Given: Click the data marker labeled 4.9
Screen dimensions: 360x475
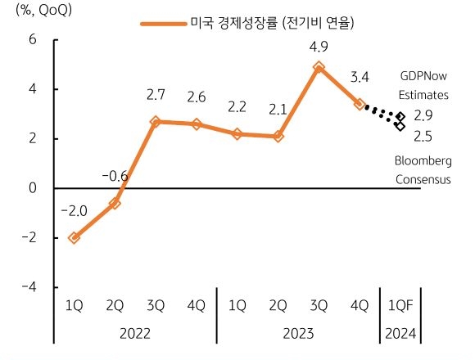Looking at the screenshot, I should click(319, 67).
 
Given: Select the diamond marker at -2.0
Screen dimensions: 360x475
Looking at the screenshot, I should click(74, 237).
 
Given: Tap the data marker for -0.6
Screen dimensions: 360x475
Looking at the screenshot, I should click(115, 203).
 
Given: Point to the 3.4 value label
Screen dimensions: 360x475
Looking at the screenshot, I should click(360, 79).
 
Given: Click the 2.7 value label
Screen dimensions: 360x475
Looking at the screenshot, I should click(156, 96).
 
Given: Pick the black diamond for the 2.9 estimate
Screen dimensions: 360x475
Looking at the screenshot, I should click(400, 117).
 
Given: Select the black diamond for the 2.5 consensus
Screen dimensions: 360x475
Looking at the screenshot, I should click(400, 126).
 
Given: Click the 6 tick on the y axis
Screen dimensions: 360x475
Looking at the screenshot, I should click(33, 39).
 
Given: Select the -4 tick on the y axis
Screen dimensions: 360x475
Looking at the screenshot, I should click(29, 286).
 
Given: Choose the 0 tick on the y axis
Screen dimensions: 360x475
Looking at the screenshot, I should click(33, 188).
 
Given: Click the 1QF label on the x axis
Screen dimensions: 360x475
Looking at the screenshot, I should click(400, 305).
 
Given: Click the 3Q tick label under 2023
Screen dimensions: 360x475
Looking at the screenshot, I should click(319, 305).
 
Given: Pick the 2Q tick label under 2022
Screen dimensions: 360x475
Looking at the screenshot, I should click(115, 305).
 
